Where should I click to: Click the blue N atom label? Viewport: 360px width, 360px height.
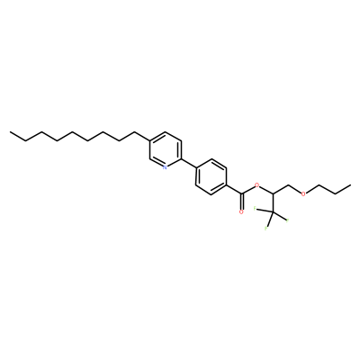pos(165,167)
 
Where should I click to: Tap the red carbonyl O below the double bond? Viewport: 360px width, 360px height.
pos(241,212)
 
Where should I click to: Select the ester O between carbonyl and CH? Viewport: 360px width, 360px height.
pos(256,185)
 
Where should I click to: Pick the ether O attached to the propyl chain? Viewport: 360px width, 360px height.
pos(303,193)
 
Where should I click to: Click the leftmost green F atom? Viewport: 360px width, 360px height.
pos(255,208)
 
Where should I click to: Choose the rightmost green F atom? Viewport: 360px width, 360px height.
pos(287,221)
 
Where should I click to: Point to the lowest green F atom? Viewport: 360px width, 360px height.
pos(265,229)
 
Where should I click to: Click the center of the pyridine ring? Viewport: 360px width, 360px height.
pos(166,149)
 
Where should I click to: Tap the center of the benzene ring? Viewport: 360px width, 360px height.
pos(211,177)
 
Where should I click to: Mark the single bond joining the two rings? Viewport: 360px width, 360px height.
pos(188,163)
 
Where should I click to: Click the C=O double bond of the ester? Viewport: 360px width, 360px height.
pos(241,202)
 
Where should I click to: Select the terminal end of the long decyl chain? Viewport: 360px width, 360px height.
pos(10,131)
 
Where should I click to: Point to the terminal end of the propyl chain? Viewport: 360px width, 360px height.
pos(350,185)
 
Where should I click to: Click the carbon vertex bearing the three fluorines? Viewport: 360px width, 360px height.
pos(273,212)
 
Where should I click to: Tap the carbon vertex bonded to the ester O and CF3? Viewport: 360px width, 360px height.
pos(273,193)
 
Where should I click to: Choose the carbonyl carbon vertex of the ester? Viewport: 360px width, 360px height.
pos(241,193)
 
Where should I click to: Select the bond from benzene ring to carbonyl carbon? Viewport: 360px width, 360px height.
pos(234,190)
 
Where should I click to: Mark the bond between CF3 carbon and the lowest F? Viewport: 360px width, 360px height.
pos(270,220)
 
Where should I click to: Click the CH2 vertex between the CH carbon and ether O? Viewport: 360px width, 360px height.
pos(289,185)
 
